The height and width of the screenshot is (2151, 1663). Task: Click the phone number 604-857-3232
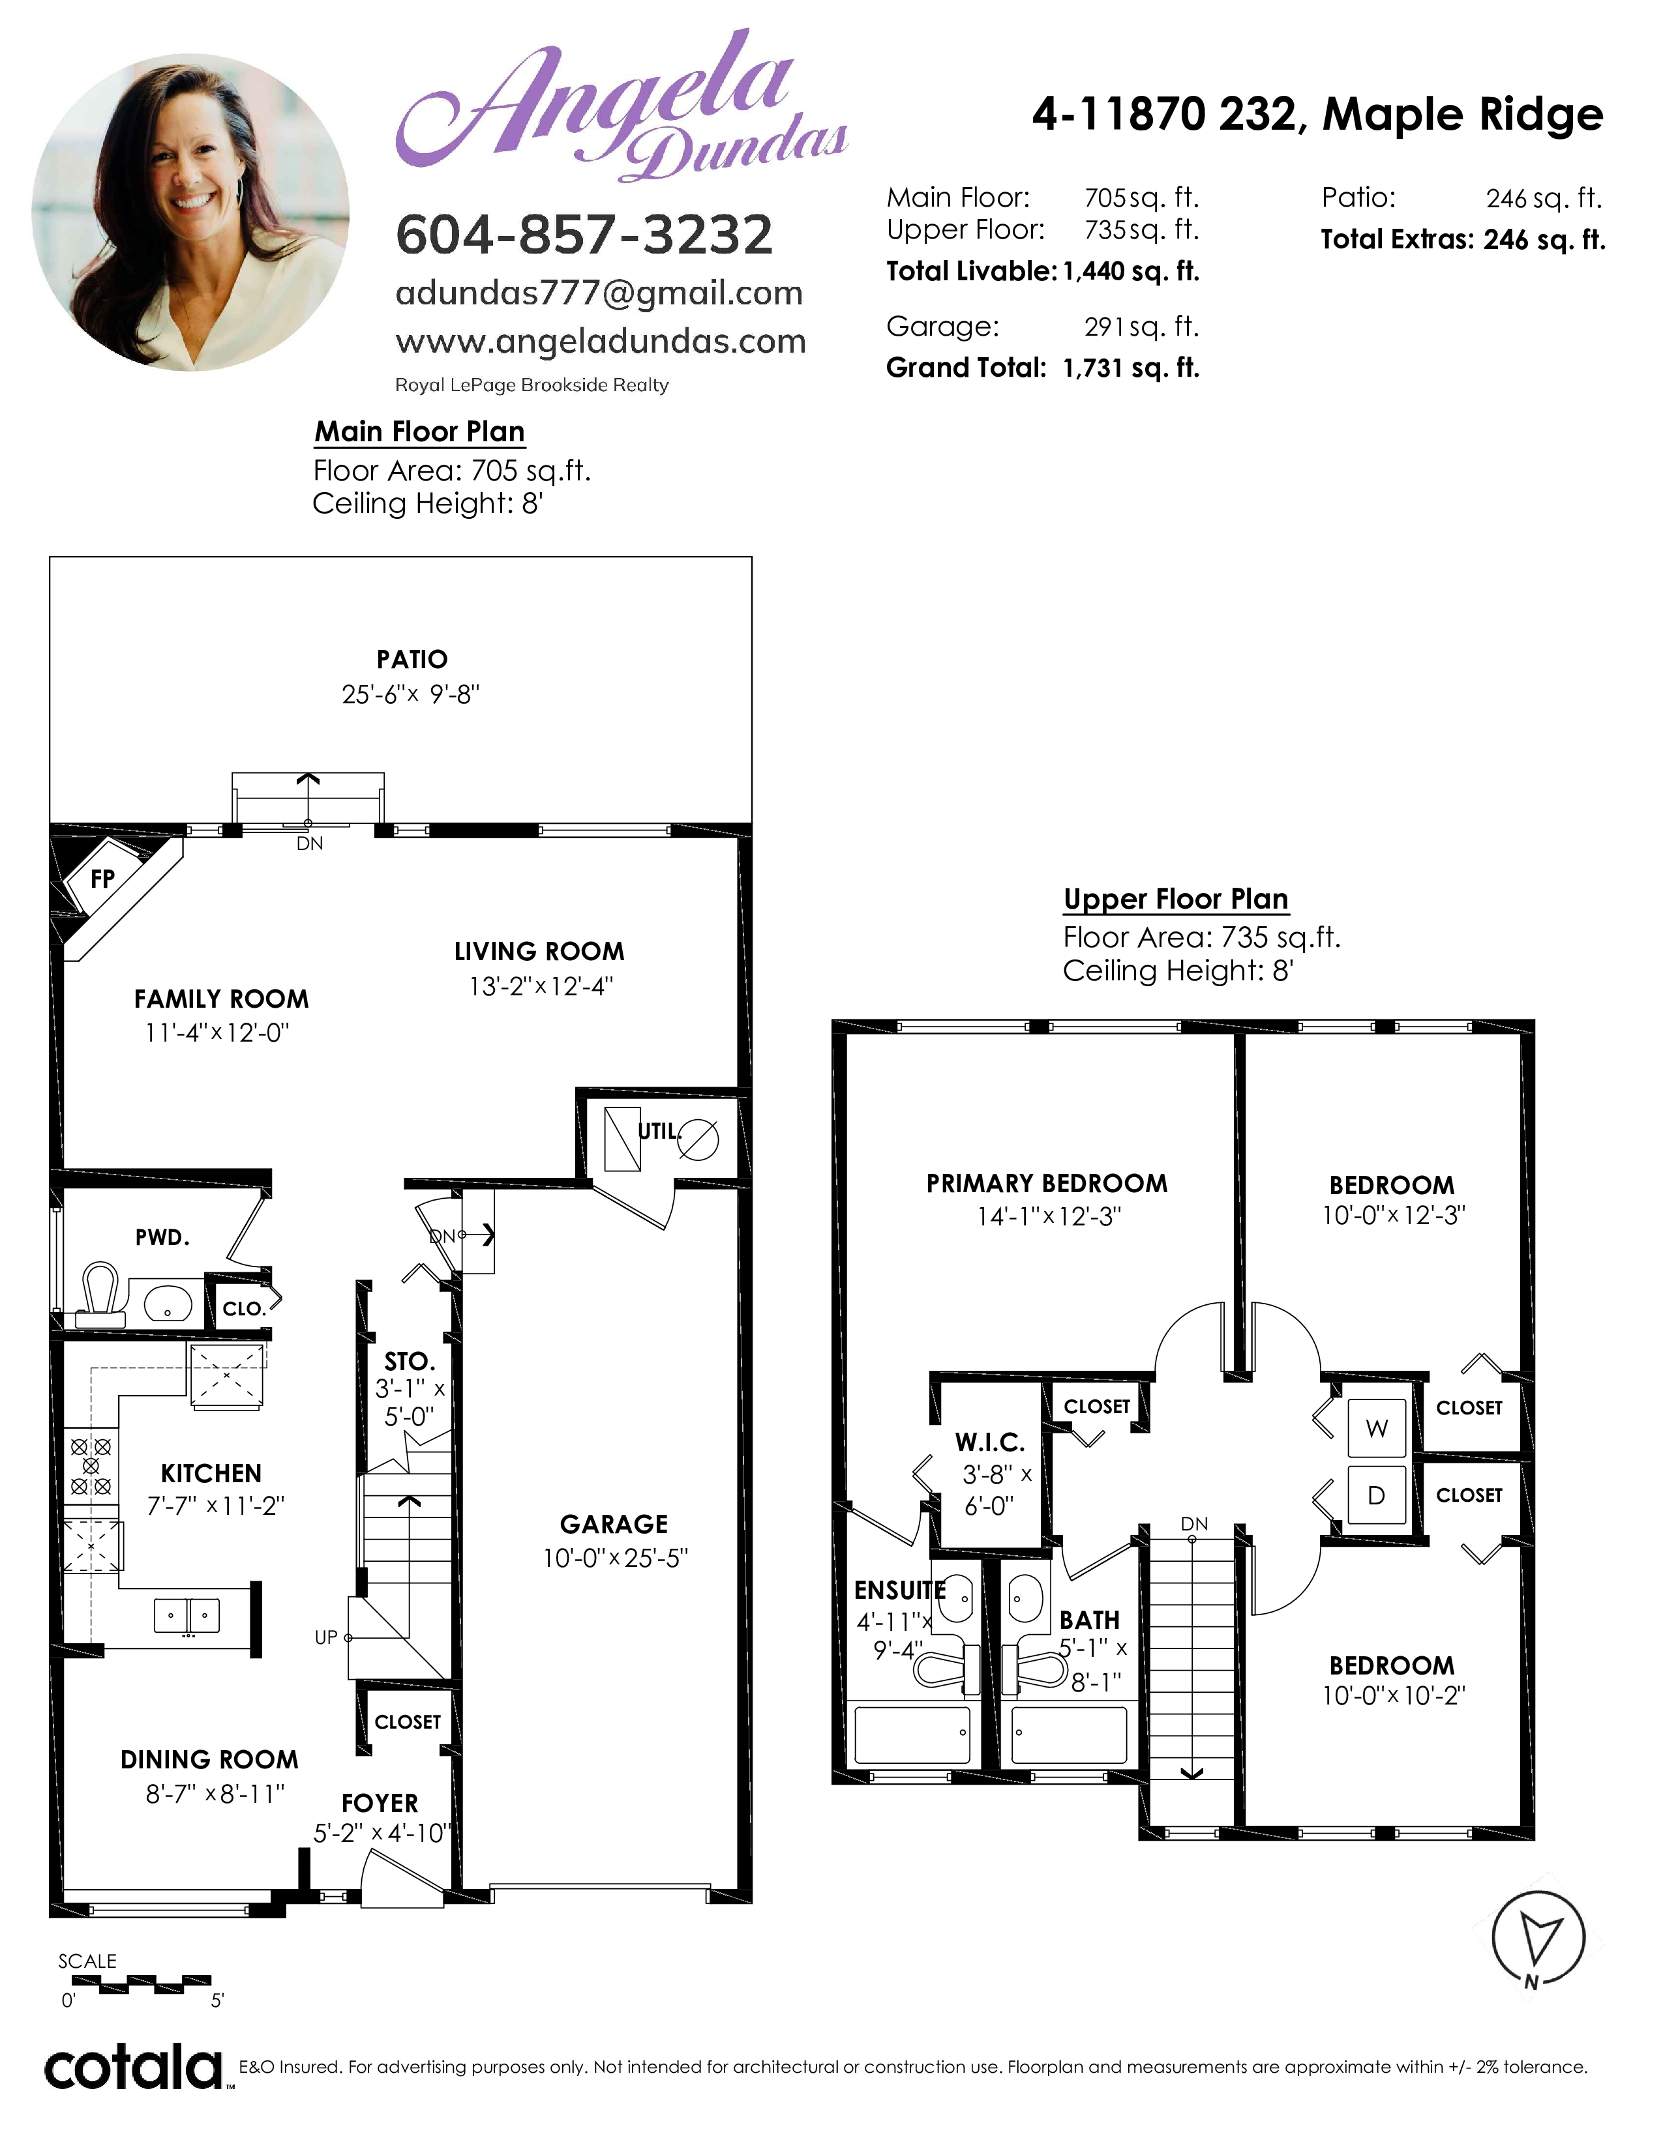pos(584,235)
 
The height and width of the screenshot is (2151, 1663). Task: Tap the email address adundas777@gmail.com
pos(599,293)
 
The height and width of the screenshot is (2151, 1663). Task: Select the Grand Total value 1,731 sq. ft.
pos(1131,368)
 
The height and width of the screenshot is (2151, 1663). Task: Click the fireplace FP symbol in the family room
pos(102,879)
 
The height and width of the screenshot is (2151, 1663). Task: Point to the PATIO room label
pos(412,660)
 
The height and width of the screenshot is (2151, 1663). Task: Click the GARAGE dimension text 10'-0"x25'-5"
pos(616,1558)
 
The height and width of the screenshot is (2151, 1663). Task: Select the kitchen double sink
pos(187,1615)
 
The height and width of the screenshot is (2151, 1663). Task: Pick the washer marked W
pos(1376,1428)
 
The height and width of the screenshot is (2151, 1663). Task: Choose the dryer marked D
pos(1376,1495)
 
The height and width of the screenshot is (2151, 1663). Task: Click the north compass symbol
pos(1538,1939)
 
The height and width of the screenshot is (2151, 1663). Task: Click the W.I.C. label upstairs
pos(990,1444)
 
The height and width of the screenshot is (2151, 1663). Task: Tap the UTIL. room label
pos(659,1132)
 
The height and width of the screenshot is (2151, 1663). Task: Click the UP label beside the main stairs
pos(326,1637)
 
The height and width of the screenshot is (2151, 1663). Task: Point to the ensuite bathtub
pos(912,1735)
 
